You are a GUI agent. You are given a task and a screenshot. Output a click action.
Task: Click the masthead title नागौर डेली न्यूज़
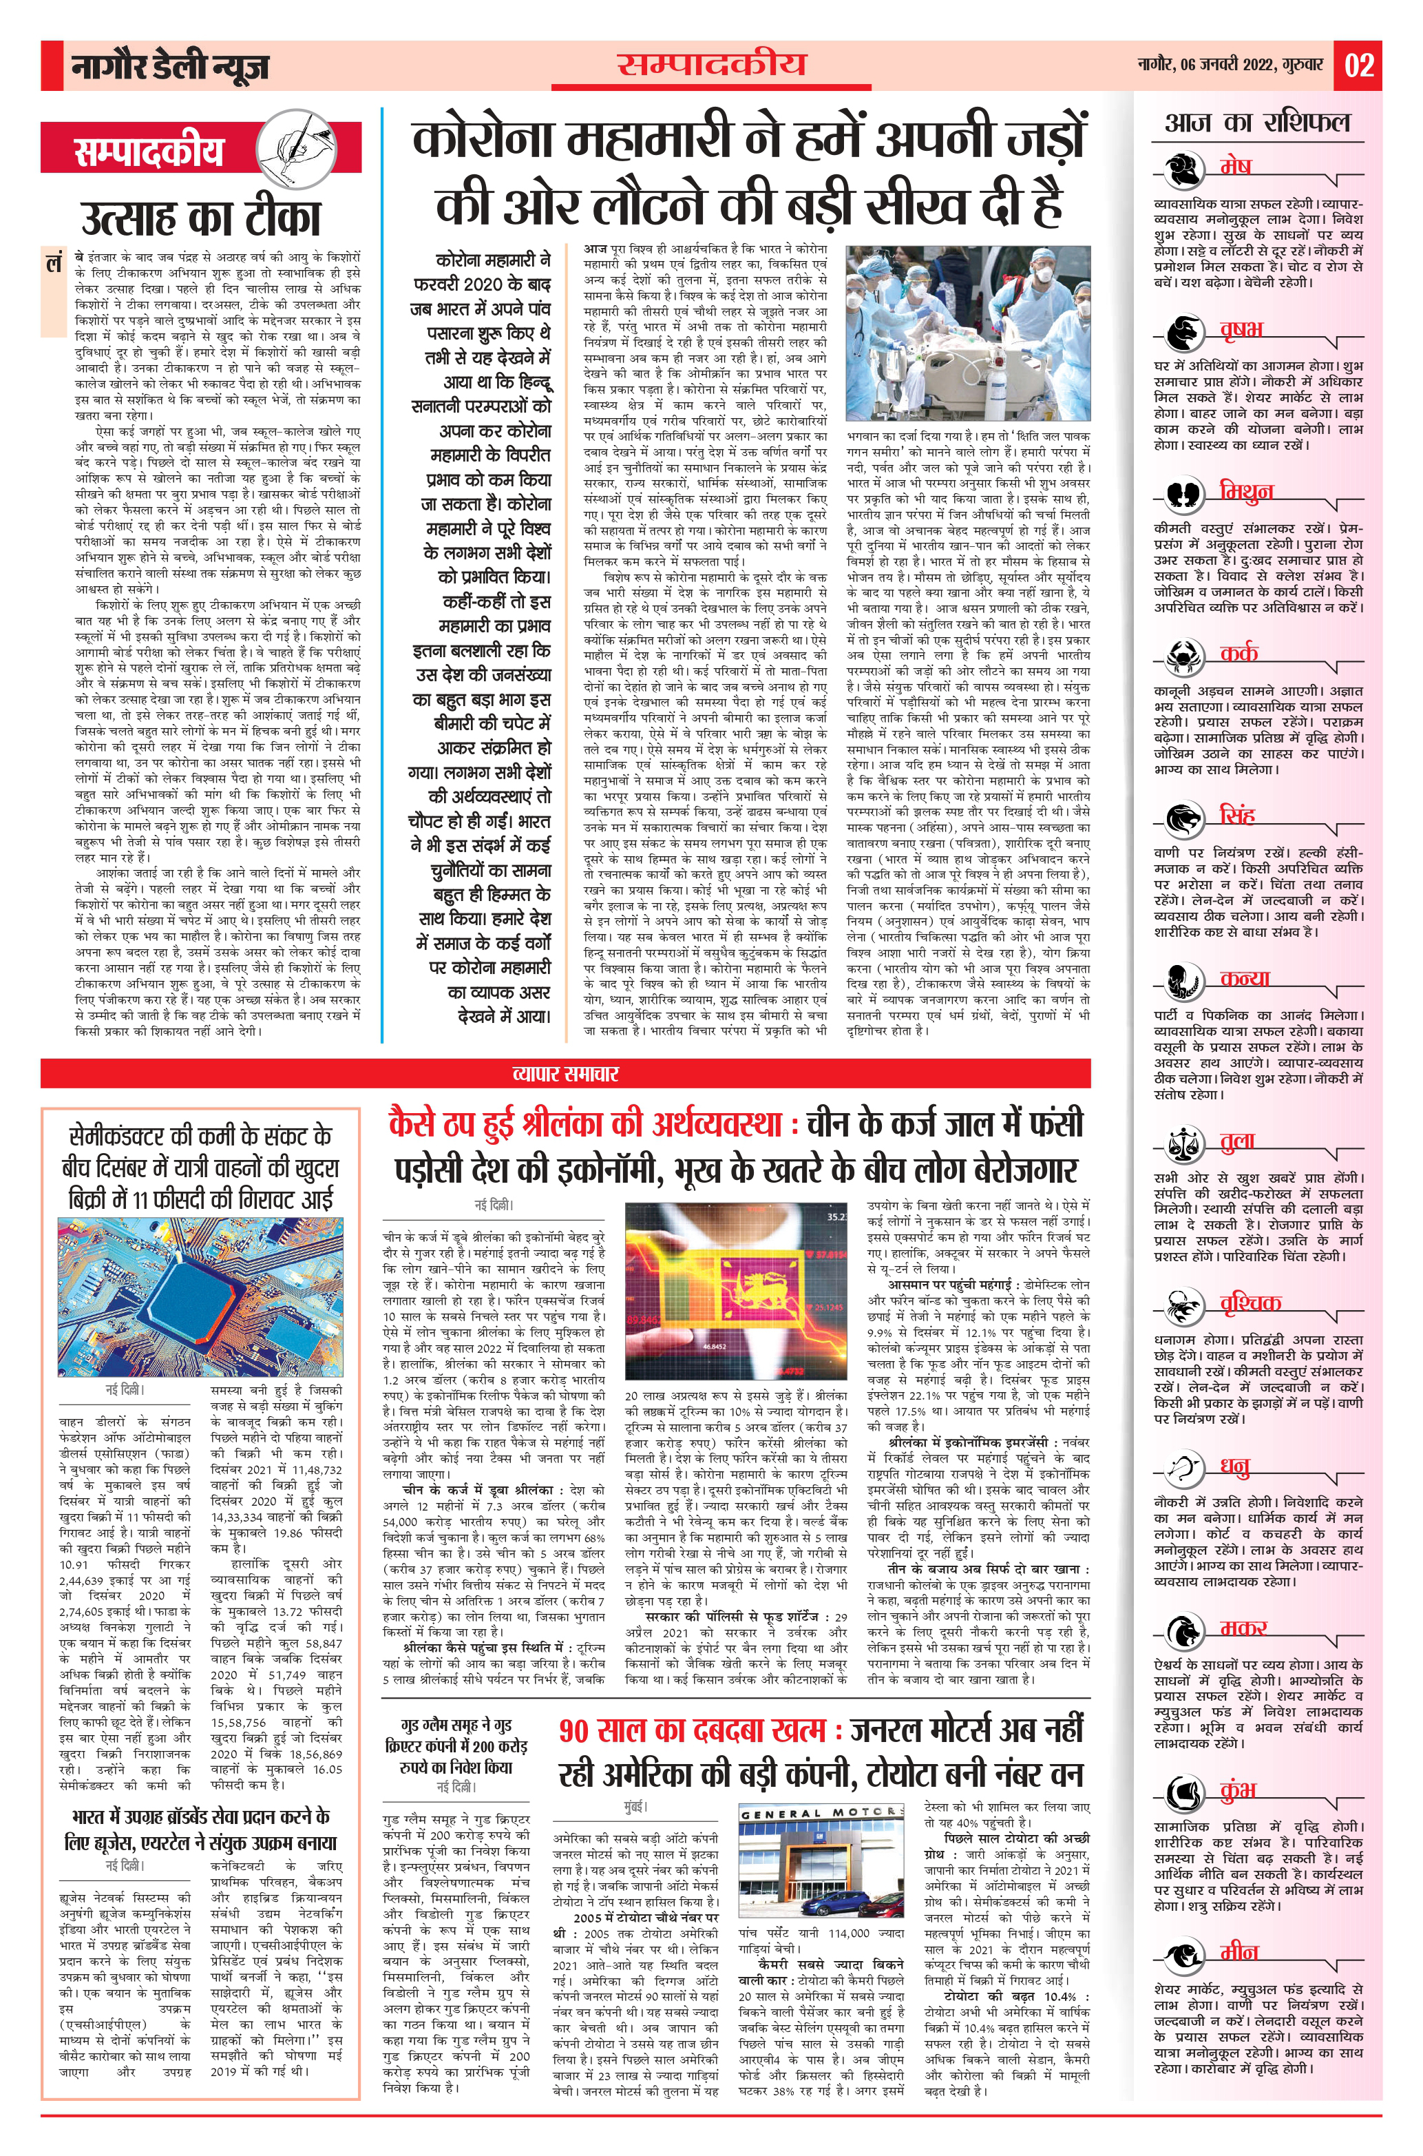(170, 66)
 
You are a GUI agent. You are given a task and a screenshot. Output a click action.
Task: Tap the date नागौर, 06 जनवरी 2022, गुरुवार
(1231, 65)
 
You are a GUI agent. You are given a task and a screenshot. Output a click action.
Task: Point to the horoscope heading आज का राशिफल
(1257, 123)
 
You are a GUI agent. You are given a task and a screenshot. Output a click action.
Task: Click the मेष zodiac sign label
(1235, 167)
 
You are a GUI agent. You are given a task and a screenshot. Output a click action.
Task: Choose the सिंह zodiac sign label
(1237, 814)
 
